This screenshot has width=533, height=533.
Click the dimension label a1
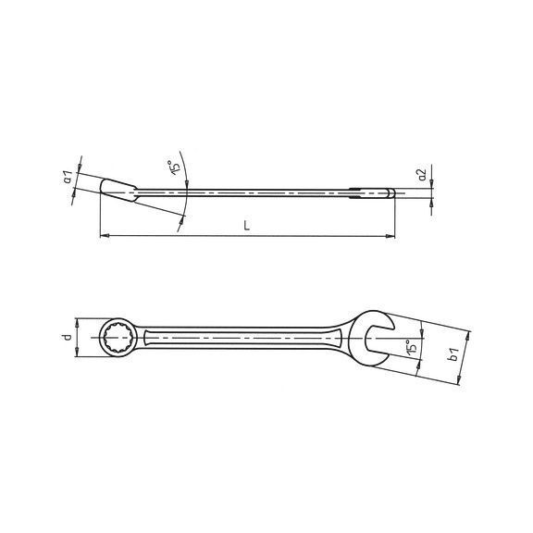[x=68, y=177]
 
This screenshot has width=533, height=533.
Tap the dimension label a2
[x=422, y=175]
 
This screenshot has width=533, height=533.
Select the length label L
[x=247, y=226]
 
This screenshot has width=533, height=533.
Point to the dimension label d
[x=68, y=337]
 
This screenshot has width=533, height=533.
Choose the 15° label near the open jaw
[x=411, y=348]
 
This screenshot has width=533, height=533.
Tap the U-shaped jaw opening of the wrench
[x=378, y=339]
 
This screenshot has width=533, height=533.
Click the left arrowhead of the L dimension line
[x=105, y=235]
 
